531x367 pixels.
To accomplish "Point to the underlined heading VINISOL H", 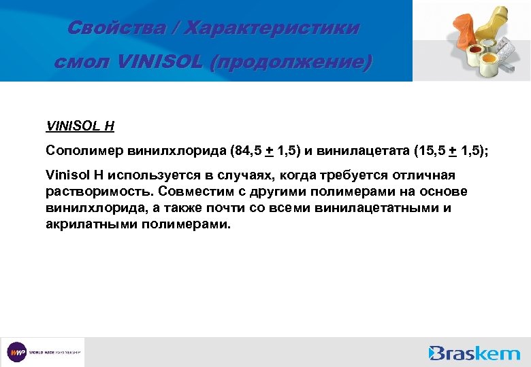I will pos(80,126).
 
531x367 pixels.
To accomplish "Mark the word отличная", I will pos(421,176).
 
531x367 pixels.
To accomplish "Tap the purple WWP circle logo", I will pos(17,352).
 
